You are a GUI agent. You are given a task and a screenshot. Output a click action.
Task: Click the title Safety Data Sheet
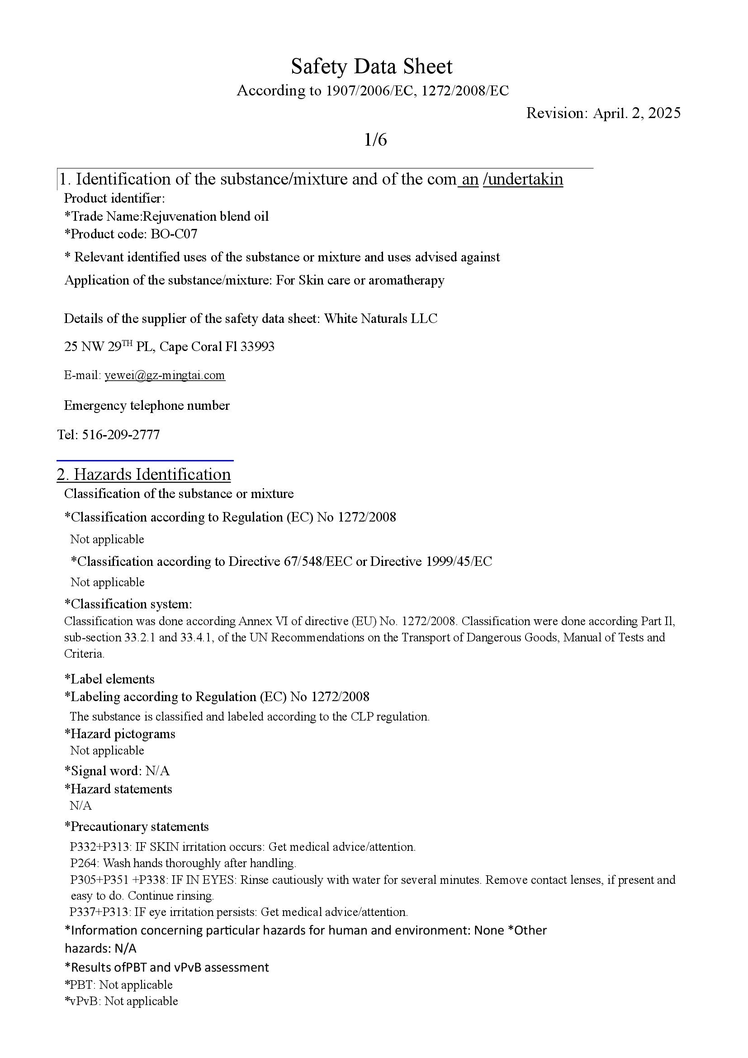(371, 67)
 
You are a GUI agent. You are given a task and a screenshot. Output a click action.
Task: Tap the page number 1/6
(375, 140)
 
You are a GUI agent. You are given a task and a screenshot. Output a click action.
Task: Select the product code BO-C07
(174, 234)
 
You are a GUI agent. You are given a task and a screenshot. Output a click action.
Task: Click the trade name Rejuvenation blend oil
(206, 216)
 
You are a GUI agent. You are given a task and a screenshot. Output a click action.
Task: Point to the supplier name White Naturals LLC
(380, 318)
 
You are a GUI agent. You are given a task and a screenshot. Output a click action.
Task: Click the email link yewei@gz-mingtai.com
(165, 375)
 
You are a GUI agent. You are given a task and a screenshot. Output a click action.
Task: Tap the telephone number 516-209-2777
(121, 435)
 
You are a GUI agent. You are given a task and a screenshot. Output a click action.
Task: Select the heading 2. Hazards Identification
(144, 474)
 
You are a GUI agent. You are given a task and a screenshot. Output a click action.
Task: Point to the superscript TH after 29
(127, 342)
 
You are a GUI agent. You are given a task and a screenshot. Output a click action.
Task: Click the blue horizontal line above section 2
(145, 460)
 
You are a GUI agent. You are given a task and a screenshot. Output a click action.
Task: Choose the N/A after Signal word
(157, 770)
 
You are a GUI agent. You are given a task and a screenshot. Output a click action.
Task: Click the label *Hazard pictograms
(120, 734)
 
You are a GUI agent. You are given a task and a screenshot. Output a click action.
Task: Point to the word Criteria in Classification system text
(84, 654)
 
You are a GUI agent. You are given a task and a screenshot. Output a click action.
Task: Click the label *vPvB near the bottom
(83, 1001)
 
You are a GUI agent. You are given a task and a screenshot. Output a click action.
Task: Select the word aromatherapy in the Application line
(406, 280)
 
